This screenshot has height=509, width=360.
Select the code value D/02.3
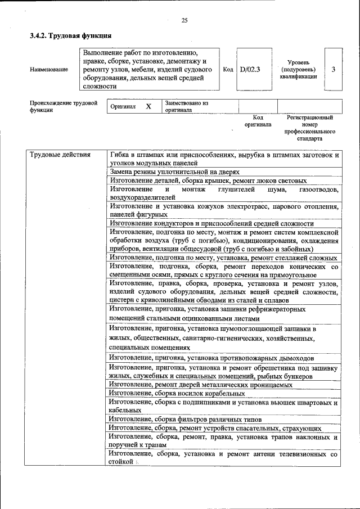click(250, 70)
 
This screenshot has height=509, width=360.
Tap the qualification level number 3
click(334, 70)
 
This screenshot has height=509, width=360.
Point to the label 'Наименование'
click(49, 70)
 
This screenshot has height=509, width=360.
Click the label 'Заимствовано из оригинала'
click(187, 107)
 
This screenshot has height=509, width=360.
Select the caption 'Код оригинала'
click(258, 121)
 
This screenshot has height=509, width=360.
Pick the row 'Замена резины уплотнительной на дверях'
click(174, 172)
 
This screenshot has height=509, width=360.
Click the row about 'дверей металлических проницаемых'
click(201, 385)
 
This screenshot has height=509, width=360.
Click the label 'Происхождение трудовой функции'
click(64, 107)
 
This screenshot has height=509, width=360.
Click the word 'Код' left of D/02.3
click(228, 70)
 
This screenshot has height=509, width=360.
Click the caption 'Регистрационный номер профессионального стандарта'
click(309, 128)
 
